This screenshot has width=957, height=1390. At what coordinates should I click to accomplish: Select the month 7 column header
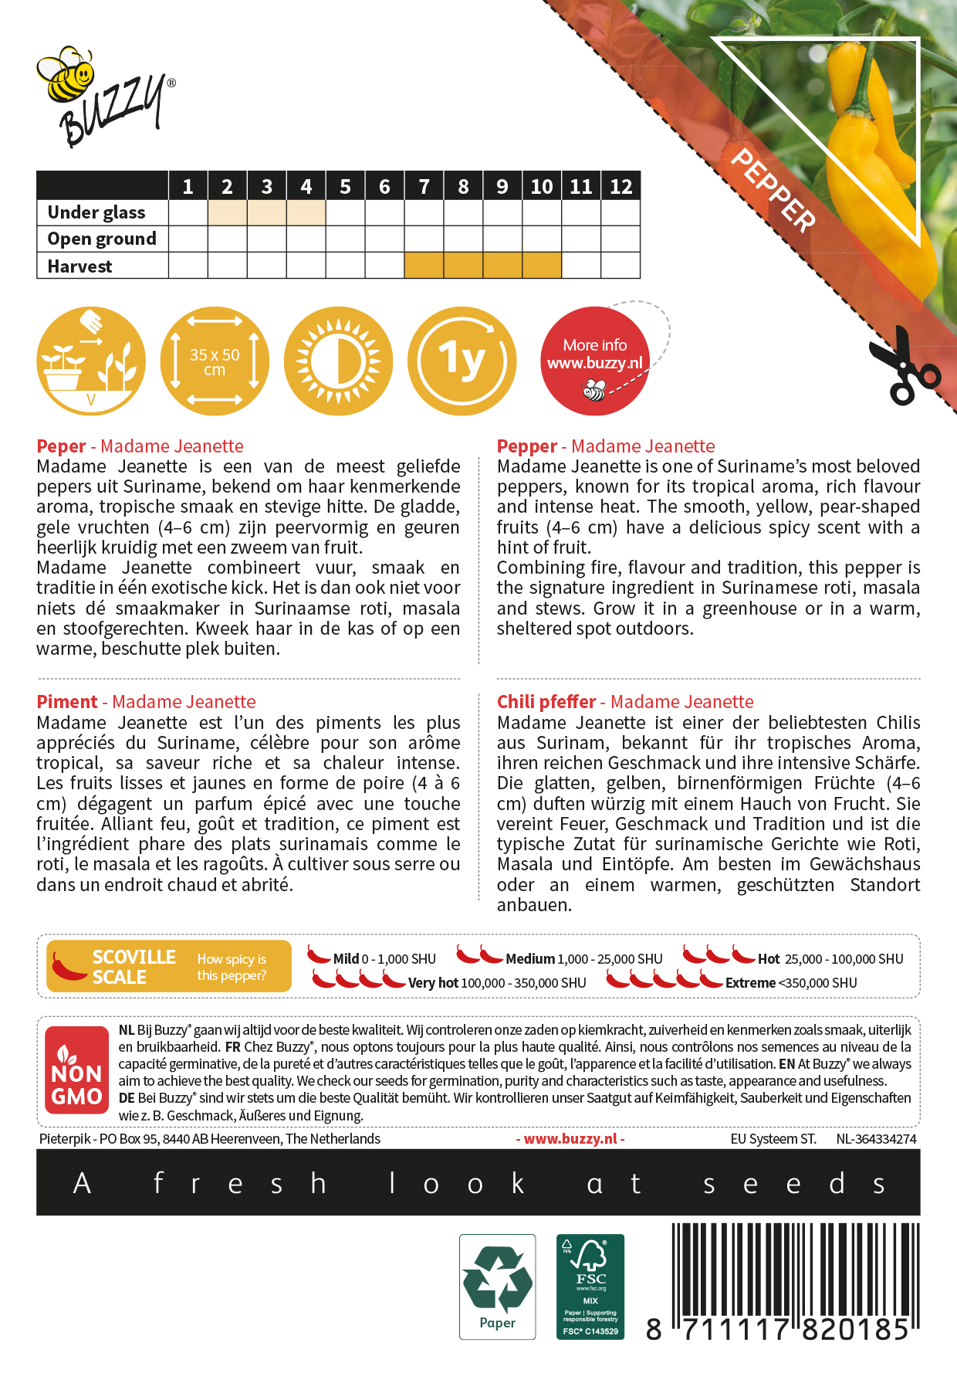click(424, 186)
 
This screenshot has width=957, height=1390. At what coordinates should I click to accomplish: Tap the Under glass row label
click(96, 212)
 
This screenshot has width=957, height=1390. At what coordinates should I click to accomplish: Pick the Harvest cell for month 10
click(542, 266)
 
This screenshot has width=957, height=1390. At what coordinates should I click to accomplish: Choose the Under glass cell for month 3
click(266, 212)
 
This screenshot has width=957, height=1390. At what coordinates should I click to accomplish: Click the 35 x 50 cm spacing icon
click(215, 361)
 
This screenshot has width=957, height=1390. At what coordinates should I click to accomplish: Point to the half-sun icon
click(338, 361)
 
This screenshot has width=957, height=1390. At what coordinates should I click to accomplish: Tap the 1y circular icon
click(462, 361)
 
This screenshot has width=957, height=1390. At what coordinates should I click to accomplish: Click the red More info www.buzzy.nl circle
click(594, 361)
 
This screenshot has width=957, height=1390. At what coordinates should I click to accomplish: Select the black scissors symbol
click(903, 367)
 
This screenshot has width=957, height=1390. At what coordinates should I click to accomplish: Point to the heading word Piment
click(67, 702)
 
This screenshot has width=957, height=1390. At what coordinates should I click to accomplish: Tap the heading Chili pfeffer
click(546, 702)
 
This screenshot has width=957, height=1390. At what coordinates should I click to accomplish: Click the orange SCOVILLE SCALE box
click(168, 966)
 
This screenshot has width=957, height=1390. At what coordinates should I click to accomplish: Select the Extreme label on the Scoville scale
click(750, 983)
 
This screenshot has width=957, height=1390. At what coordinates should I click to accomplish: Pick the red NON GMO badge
click(76, 1070)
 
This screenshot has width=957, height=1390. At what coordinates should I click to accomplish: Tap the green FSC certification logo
click(590, 1286)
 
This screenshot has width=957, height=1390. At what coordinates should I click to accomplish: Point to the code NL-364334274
click(876, 1139)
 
